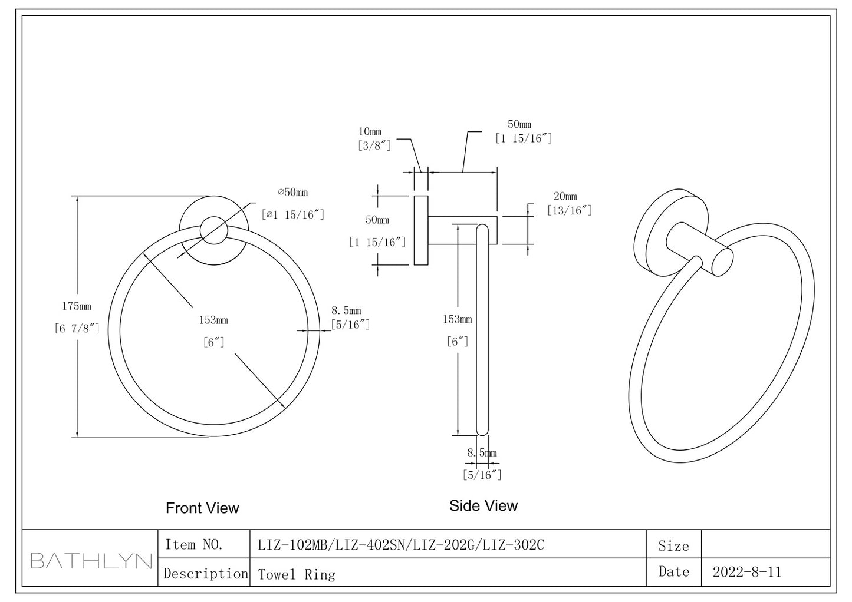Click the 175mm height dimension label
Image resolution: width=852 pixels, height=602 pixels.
(x=77, y=306)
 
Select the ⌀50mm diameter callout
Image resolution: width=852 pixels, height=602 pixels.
(x=293, y=193)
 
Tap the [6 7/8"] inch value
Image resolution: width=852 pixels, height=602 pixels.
(x=77, y=329)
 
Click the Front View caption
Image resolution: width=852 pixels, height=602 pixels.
(x=202, y=508)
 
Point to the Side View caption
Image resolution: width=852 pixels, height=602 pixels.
(x=483, y=505)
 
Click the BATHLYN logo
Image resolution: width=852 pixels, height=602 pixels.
(x=91, y=560)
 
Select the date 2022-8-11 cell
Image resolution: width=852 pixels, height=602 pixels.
(x=746, y=572)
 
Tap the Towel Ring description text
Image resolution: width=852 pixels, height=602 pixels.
(x=297, y=574)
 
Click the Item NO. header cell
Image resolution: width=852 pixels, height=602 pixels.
(x=194, y=545)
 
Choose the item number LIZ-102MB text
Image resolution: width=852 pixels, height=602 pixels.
(x=292, y=545)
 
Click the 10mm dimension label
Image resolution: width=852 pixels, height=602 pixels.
(x=370, y=131)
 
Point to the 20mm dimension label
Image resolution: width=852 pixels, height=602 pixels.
(x=565, y=197)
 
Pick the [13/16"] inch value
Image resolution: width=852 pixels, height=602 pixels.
(x=569, y=210)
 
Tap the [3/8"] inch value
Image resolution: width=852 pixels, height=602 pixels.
(x=374, y=145)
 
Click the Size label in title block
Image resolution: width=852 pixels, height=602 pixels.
(x=673, y=546)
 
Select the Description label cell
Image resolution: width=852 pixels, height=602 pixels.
(x=205, y=574)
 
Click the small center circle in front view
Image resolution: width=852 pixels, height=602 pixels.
(x=213, y=230)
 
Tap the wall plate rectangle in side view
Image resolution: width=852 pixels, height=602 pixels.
(x=420, y=230)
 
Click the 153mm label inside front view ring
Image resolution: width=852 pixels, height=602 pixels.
(x=213, y=320)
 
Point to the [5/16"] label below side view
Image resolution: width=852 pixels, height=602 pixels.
(x=482, y=475)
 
